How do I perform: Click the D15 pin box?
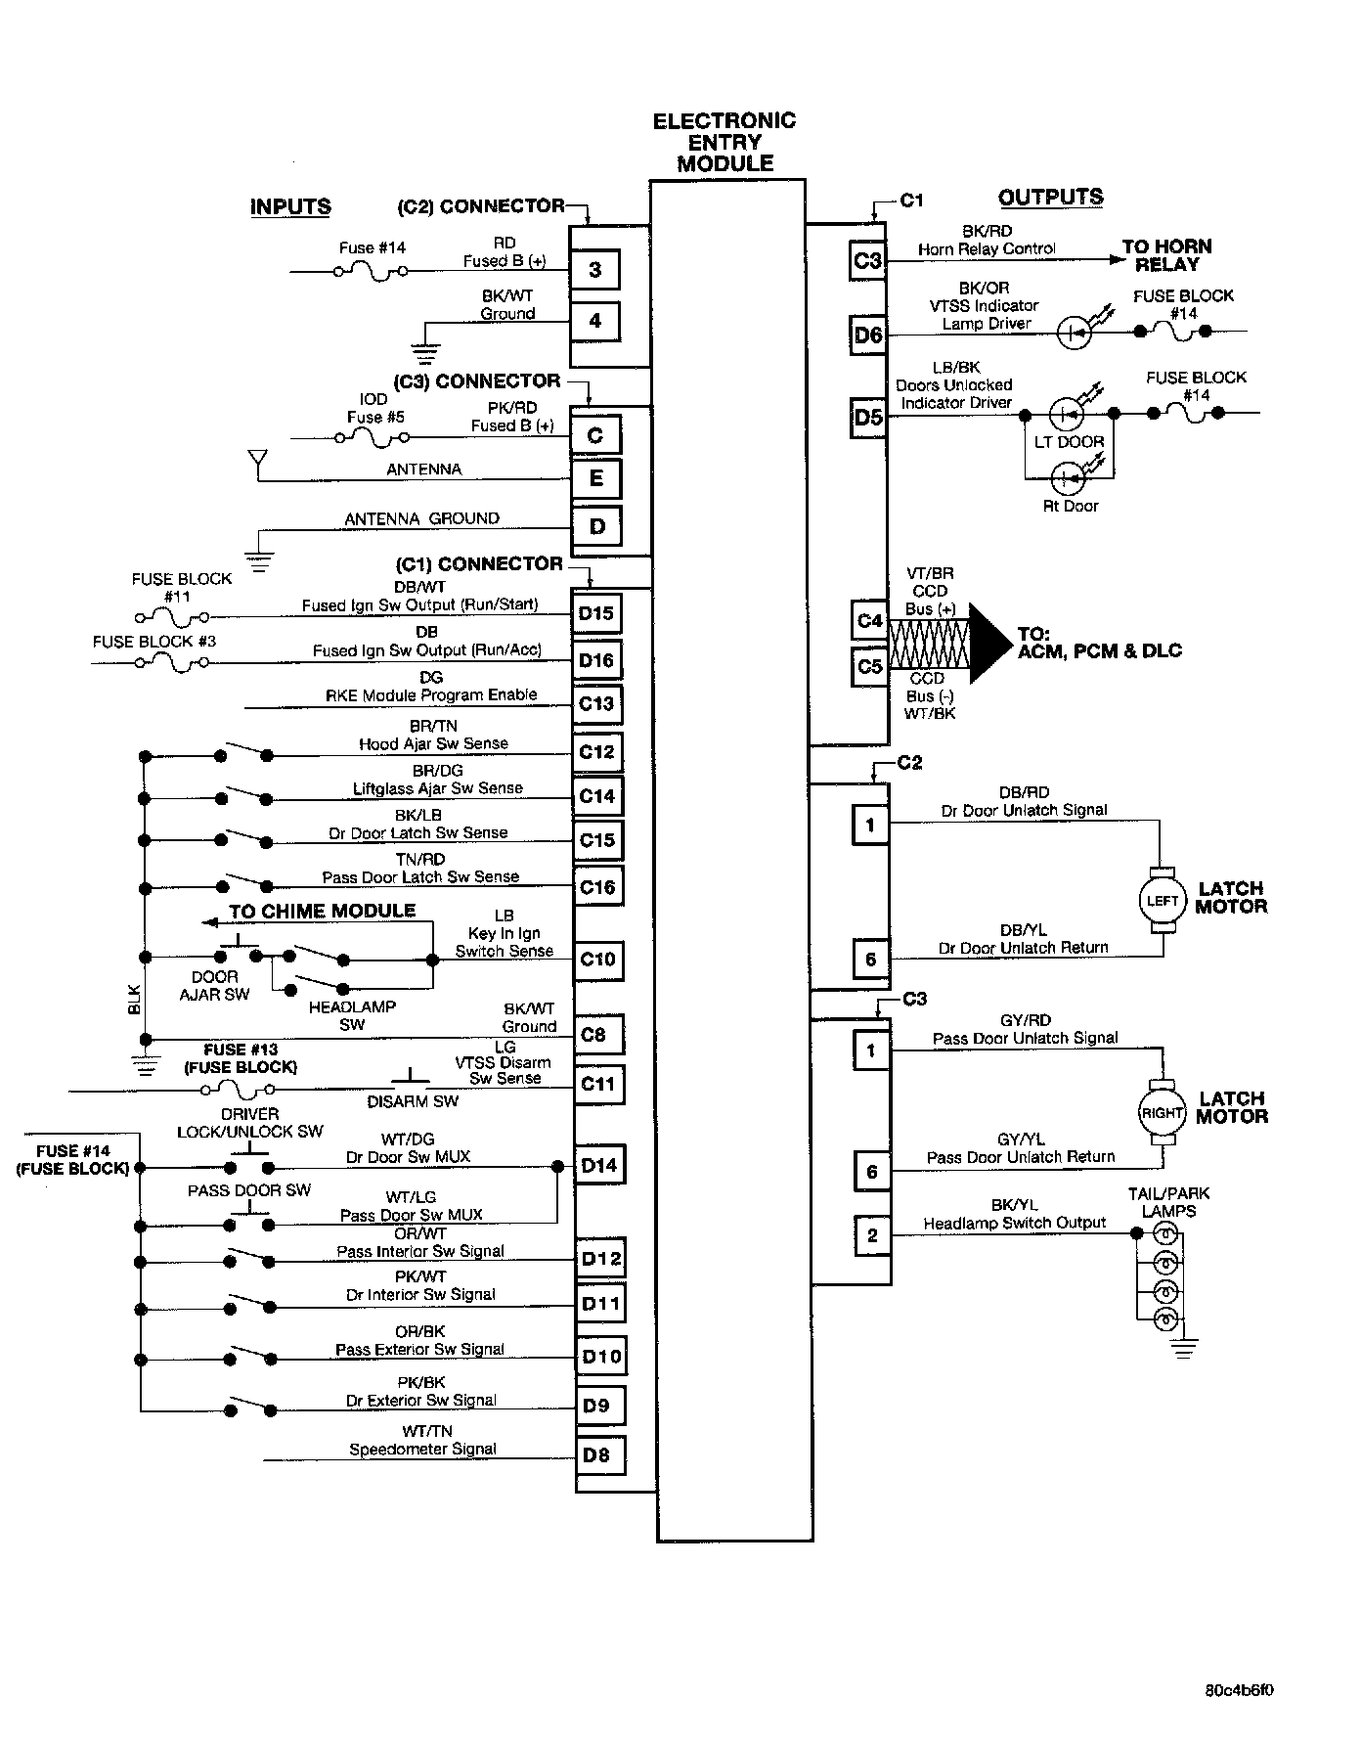[595, 613]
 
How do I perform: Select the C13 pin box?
[595, 703]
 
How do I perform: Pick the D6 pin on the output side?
[868, 335]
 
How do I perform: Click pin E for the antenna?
[595, 478]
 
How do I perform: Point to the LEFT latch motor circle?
[1162, 900]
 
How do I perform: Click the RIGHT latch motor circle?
[1162, 1112]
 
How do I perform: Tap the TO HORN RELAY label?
[1166, 255]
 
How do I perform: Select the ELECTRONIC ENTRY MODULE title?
[724, 142]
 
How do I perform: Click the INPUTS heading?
[290, 206]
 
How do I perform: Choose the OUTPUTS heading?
[1050, 197]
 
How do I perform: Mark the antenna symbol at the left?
[257, 459]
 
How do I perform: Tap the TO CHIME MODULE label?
[322, 911]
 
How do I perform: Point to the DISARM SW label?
[413, 1101]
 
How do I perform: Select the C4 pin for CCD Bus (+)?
[869, 620]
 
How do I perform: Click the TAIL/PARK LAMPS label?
[1168, 1202]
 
